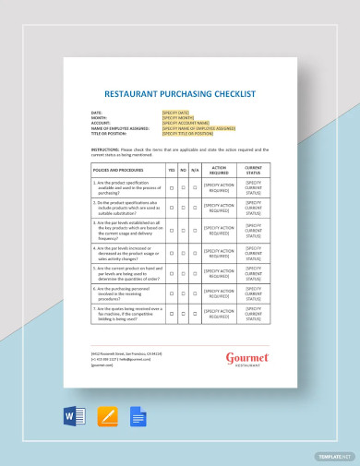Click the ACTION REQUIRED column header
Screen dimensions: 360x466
coord(219,170)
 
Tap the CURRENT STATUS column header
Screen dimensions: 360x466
coord(252,170)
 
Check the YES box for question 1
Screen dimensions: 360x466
coord(171,187)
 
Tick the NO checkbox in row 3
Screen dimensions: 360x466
coord(184,230)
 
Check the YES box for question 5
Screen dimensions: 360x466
coord(171,273)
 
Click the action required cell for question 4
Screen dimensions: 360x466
coord(219,252)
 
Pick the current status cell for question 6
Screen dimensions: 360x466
coord(252,294)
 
